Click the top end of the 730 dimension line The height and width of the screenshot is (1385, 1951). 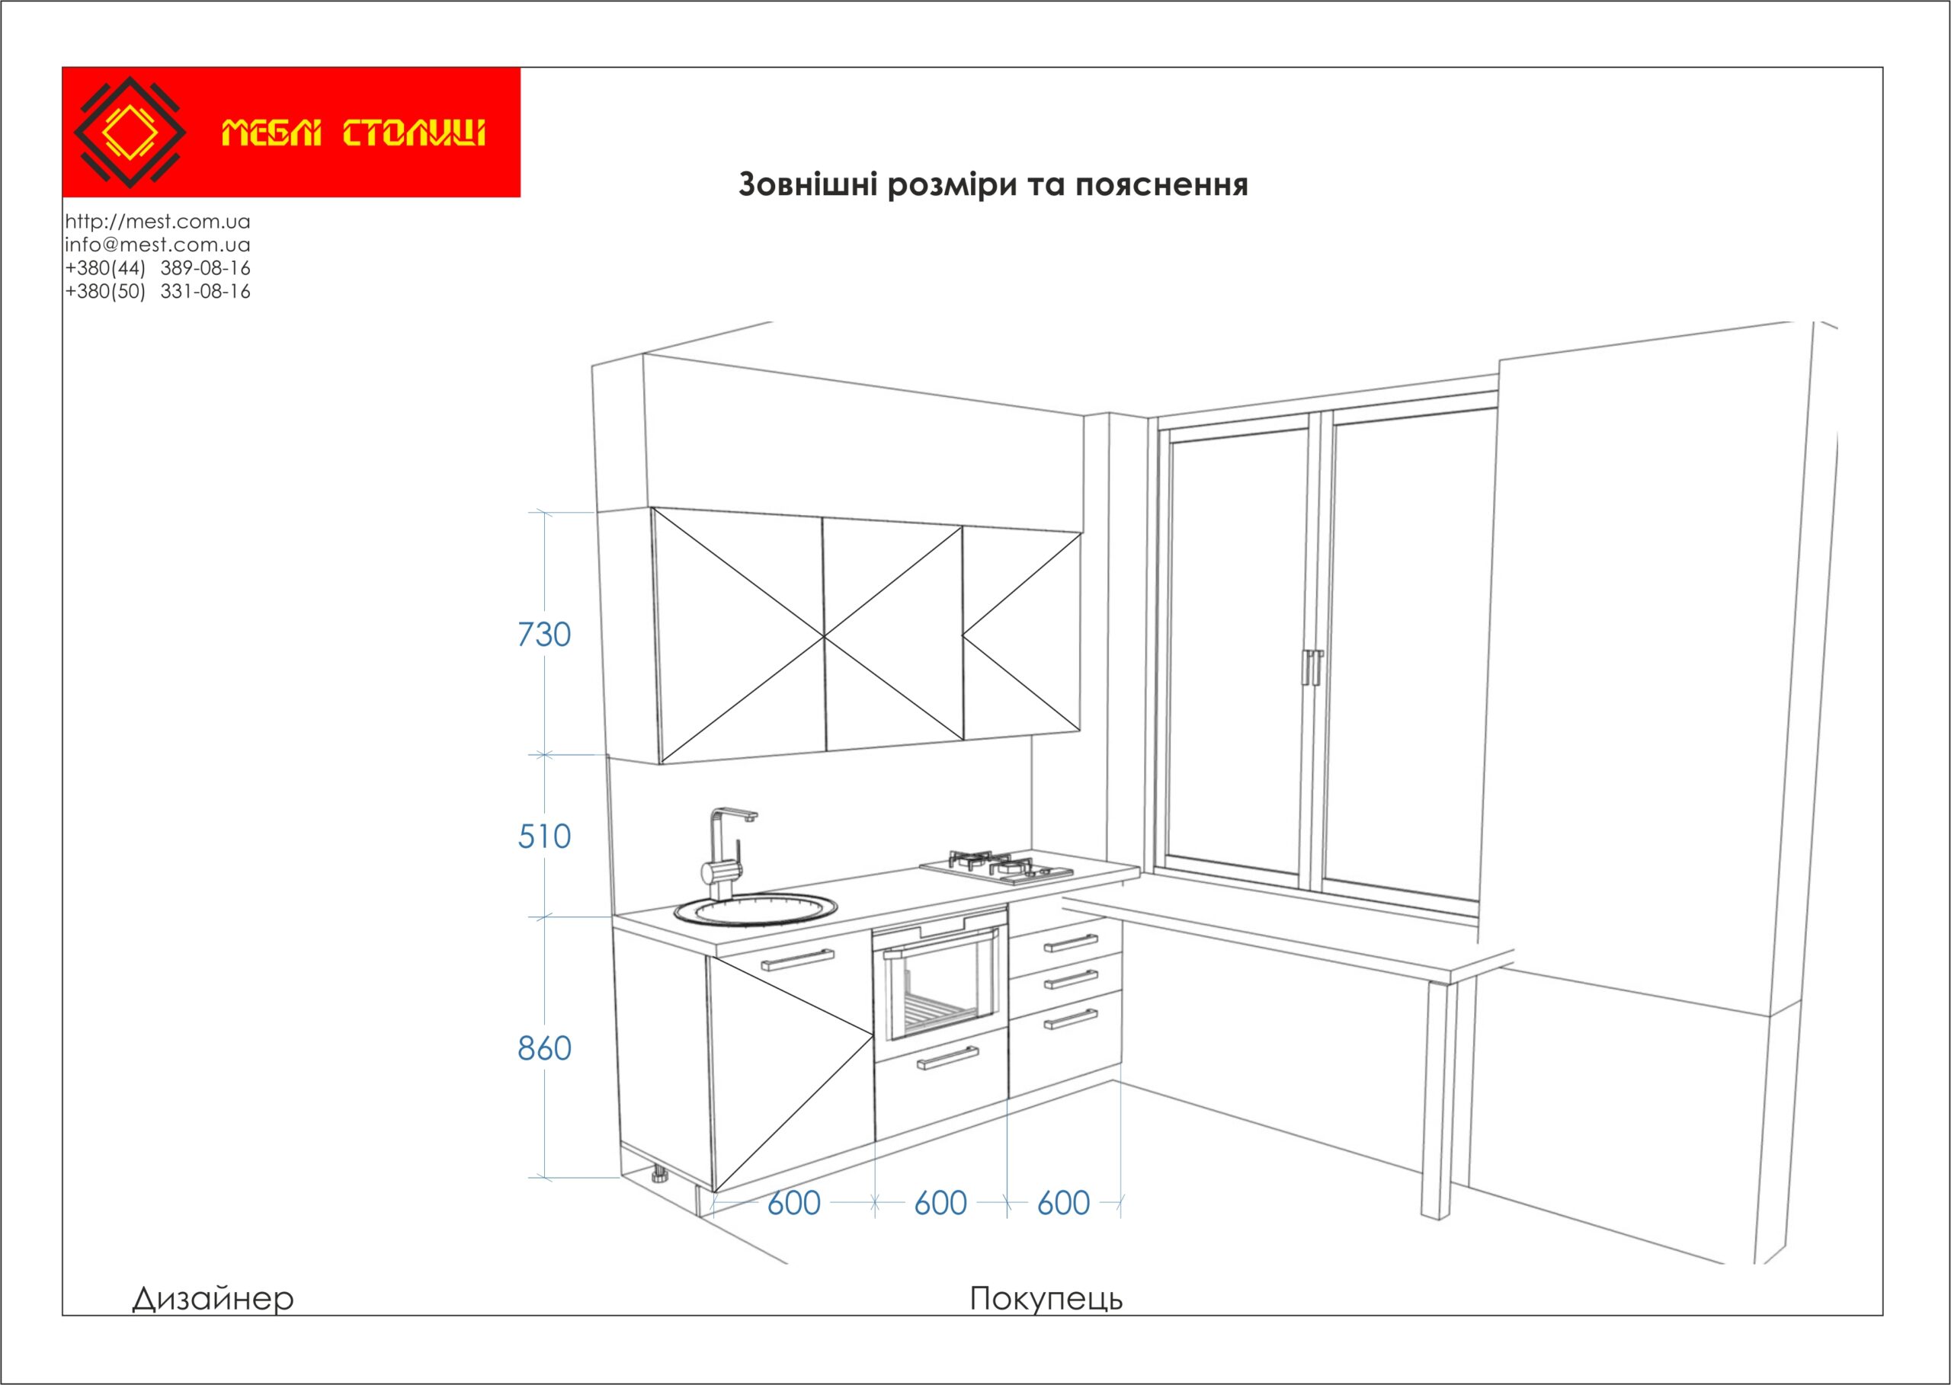pos(544,512)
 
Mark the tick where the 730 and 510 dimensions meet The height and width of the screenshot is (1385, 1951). pos(544,754)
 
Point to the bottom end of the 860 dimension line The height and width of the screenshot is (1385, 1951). pos(544,1178)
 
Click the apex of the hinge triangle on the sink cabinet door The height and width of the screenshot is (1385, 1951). pos(873,1035)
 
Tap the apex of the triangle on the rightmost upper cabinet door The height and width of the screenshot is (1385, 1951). pos(963,635)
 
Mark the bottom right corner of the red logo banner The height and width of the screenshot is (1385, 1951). pos(521,197)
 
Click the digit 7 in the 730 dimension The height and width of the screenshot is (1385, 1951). pos(527,635)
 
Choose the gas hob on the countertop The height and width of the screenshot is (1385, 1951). pos(996,865)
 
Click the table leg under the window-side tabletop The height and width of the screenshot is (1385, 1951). pos(1437,1101)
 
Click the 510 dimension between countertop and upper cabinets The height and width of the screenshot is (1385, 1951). pos(544,836)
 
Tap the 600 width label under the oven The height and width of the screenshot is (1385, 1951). pos(940,1204)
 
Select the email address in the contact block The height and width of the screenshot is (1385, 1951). pos(158,245)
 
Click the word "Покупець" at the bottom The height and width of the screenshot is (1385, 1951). pos(1046,1299)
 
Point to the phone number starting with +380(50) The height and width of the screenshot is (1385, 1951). pos(158,292)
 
